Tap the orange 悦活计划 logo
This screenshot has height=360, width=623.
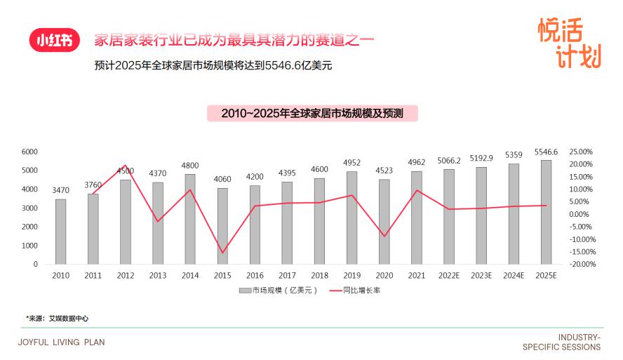click(x=569, y=43)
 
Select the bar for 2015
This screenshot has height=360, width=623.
click(x=222, y=226)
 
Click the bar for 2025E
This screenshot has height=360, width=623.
click(x=546, y=212)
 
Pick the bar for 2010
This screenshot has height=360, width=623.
click(x=61, y=232)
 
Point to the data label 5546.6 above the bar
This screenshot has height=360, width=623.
click(x=546, y=152)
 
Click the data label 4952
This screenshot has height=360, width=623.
click(x=352, y=163)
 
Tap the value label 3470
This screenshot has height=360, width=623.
click(x=61, y=190)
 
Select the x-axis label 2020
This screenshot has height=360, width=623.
click(x=384, y=276)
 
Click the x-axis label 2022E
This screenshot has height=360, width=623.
click(x=449, y=276)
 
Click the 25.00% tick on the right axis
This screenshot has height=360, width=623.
click(x=581, y=152)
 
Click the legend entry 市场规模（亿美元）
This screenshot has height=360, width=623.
click(x=279, y=290)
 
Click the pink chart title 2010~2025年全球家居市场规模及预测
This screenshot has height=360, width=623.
click(x=311, y=113)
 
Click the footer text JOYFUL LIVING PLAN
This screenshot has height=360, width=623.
click(x=61, y=342)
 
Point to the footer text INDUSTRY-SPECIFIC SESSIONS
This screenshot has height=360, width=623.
click(x=561, y=342)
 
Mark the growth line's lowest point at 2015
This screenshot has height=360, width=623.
click(x=222, y=253)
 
